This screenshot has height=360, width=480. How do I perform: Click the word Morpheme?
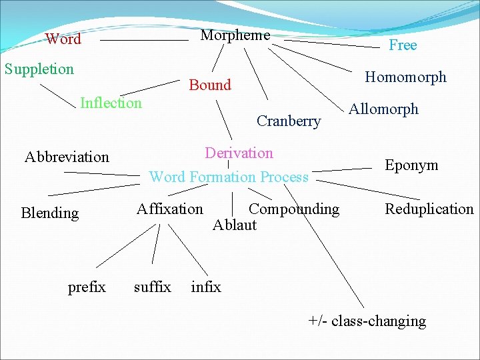click(235, 35)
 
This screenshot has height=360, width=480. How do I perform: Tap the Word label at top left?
click(63, 39)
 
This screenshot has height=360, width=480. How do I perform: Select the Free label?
click(403, 45)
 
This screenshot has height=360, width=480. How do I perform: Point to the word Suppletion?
click(39, 69)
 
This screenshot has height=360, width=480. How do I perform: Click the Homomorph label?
click(405, 77)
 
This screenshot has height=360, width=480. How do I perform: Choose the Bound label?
click(210, 85)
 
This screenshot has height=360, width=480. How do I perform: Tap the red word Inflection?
click(111, 103)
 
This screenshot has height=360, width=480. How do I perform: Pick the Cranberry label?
click(289, 121)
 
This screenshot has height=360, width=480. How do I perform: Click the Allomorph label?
click(384, 109)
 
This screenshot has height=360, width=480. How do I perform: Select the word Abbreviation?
click(67, 157)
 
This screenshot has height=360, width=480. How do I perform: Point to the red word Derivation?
click(239, 153)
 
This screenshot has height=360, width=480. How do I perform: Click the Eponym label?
click(411, 165)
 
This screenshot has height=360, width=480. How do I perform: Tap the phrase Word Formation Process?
click(229, 177)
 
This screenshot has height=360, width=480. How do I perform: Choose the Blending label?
click(50, 213)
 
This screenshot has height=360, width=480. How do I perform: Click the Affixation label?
click(170, 209)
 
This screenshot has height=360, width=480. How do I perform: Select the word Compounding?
click(293, 209)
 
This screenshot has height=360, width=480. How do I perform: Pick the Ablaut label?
click(234, 225)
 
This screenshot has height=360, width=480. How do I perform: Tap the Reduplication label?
click(429, 209)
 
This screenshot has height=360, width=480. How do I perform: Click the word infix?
click(206, 287)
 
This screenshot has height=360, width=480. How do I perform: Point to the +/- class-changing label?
click(367, 321)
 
